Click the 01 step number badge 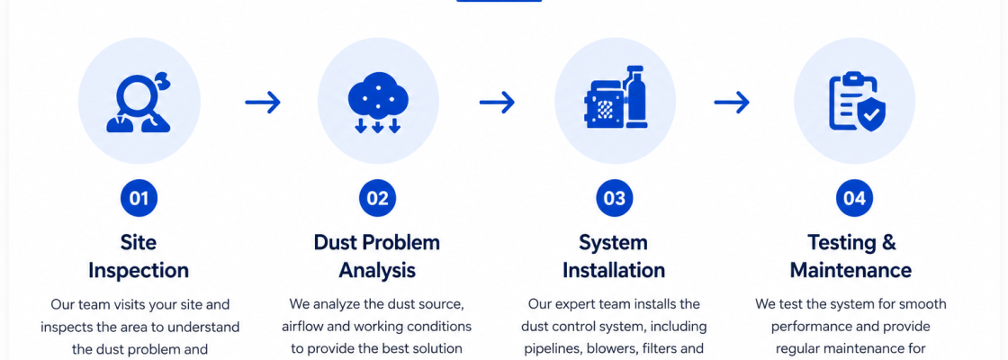point(139,198)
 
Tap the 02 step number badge point(377,198)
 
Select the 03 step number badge point(614,198)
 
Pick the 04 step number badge point(854,198)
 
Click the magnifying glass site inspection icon point(139,101)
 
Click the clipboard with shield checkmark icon point(856,101)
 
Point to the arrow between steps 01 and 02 point(262,102)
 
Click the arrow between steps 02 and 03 point(497,102)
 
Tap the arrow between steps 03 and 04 point(732,102)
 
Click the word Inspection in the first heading point(139,271)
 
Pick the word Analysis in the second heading point(377,270)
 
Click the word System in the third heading point(613,243)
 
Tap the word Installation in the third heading point(614,270)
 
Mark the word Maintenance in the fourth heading point(850,270)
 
